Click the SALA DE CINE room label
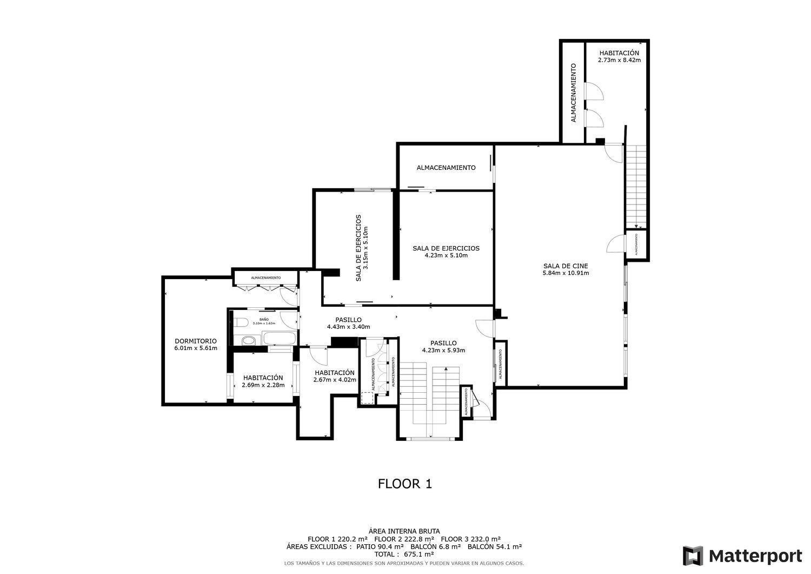click(x=566, y=266)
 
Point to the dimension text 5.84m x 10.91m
click(x=566, y=273)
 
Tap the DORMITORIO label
click(x=195, y=341)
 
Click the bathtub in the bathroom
click(x=279, y=340)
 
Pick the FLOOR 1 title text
click(x=404, y=484)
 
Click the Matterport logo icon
click(x=693, y=556)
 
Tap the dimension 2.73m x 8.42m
click(x=619, y=60)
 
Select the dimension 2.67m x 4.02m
click(x=335, y=380)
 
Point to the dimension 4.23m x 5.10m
click(x=446, y=255)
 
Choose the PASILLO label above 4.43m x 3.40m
click(x=348, y=320)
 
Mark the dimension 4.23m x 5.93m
click(x=443, y=350)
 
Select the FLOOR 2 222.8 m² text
click(x=404, y=539)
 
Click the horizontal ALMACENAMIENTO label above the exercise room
click(x=446, y=168)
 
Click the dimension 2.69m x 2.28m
click(x=263, y=385)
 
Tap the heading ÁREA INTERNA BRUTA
click(x=404, y=531)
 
